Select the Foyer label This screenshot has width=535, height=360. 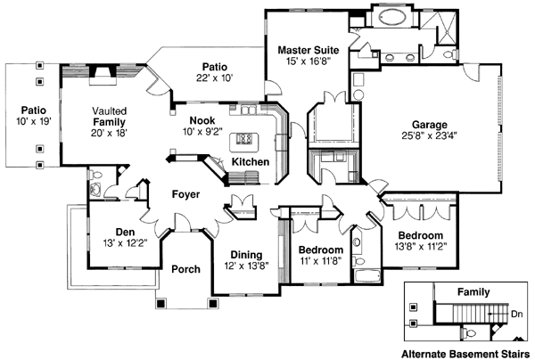tap(185, 194)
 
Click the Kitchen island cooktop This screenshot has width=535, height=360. tap(245, 140)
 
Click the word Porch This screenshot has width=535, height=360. tap(185, 269)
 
